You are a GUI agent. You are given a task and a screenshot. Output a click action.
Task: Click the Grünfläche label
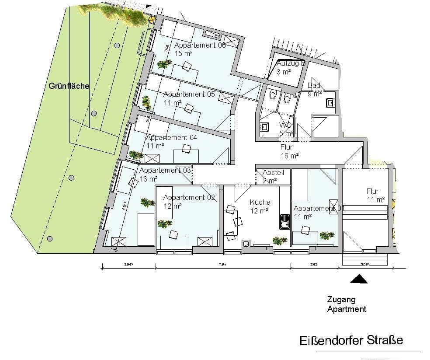click(x=69, y=86)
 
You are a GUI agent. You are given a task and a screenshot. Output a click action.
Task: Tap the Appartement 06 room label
click(x=200, y=45)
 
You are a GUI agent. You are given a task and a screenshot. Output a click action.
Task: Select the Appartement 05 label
click(x=189, y=94)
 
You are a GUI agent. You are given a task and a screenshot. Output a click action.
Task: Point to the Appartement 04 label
click(x=171, y=137)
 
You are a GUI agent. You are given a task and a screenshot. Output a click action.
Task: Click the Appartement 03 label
click(x=165, y=170)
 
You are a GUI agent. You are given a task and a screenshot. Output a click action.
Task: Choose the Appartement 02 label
click(x=189, y=197)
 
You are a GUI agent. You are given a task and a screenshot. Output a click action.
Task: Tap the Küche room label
click(x=260, y=202)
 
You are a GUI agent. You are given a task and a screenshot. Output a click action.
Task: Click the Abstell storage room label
click(x=273, y=173)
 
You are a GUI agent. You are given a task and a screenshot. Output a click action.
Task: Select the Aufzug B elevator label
click(x=290, y=63)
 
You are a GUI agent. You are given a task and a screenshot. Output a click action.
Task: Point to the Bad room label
click(x=314, y=85)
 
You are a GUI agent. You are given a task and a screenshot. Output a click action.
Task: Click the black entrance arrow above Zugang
click(x=359, y=279)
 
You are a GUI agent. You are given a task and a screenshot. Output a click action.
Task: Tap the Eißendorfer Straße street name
click(x=351, y=340)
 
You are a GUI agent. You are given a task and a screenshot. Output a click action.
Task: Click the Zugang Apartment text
click(x=347, y=304)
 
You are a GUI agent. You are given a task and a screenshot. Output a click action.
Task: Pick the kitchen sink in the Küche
click(x=284, y=220)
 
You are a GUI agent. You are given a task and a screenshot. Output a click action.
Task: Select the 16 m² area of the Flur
click(x=289, y=155)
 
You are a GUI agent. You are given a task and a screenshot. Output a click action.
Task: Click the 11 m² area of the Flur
click(x=376, y=199)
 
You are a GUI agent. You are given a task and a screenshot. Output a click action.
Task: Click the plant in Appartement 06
click(x=164, y=64)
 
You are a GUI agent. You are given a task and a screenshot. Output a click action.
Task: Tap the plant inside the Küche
click(x=279, y=241)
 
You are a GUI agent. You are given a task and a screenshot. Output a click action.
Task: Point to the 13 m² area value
click(x=148, y=178)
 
